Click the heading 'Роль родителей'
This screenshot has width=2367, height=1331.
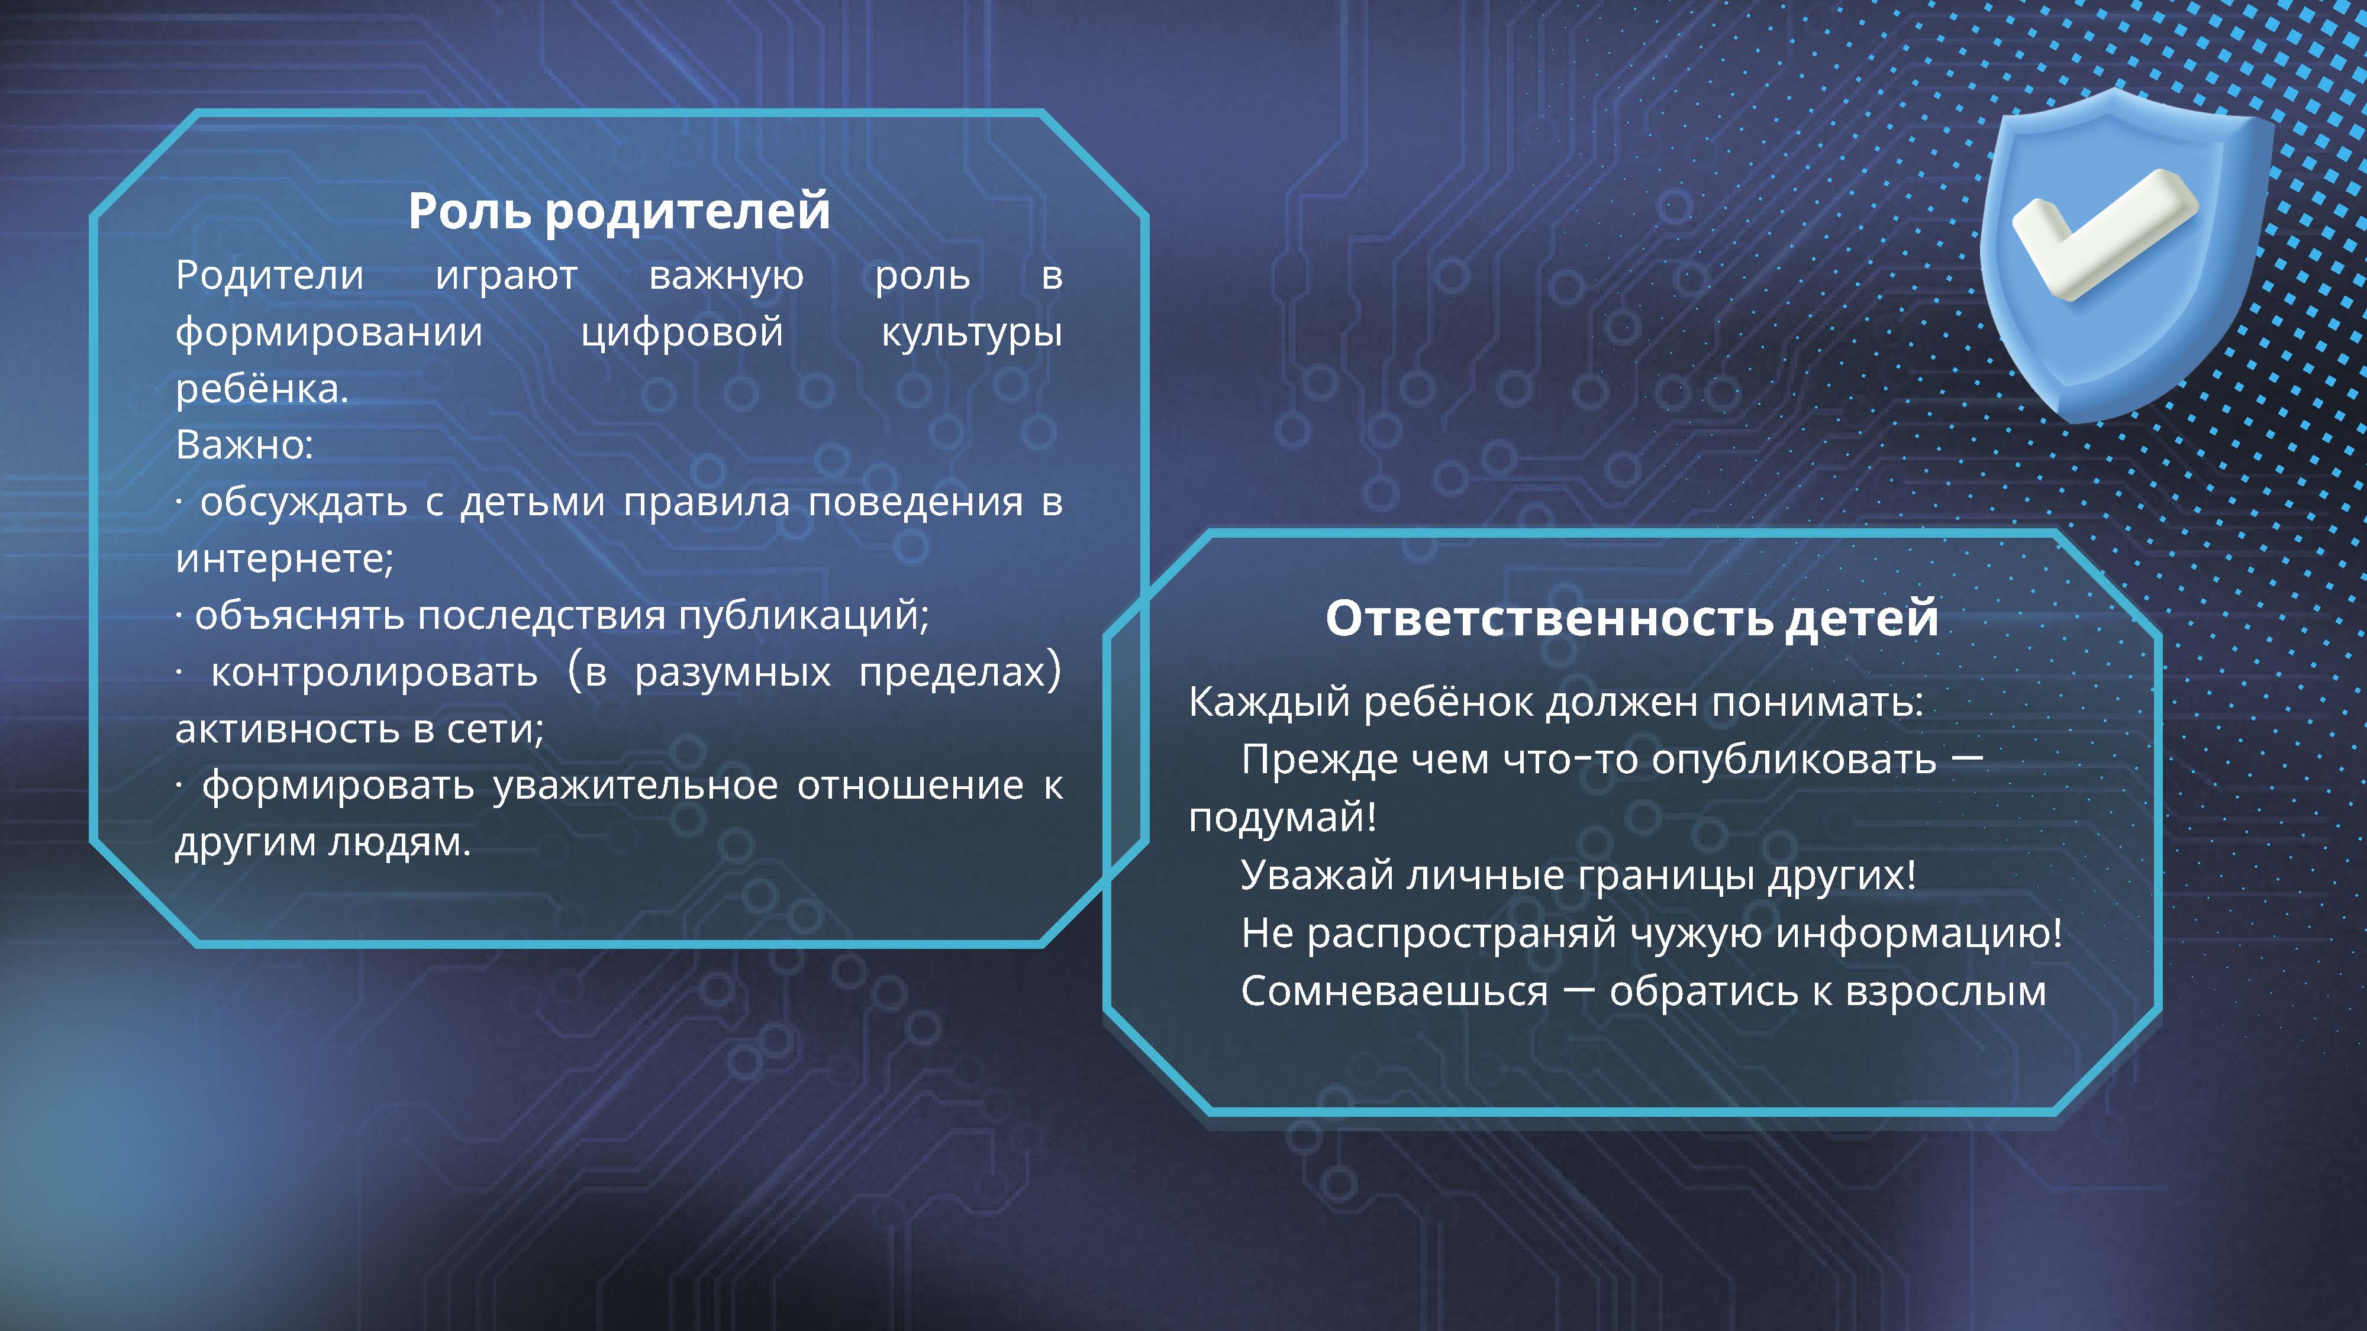coord(618,211)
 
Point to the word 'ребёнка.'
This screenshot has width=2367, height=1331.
coord(262,389)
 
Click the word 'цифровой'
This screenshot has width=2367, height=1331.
coord(682,332)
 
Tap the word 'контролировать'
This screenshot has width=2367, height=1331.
coord(374,673)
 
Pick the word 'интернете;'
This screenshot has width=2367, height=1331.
coord(284,558)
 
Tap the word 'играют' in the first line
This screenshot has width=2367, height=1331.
coord(507,276)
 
